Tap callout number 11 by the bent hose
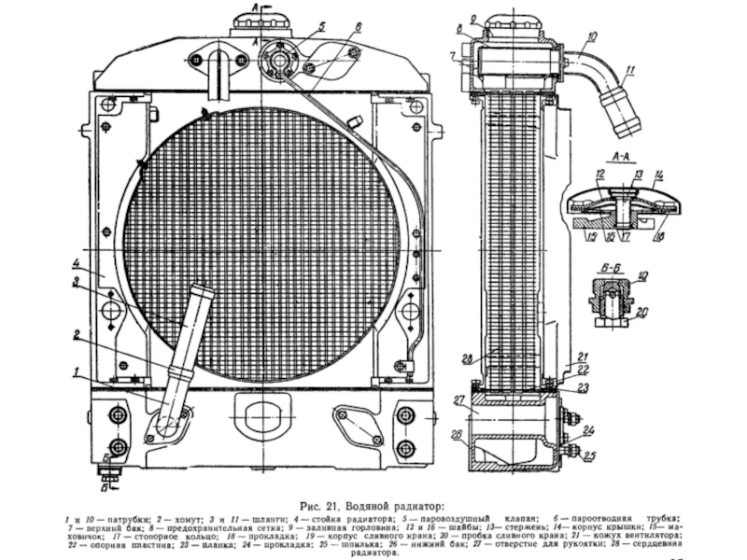point(630,70)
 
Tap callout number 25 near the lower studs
point(590,455)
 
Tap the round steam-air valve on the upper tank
point(279,59)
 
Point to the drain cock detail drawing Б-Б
point(612,301)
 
